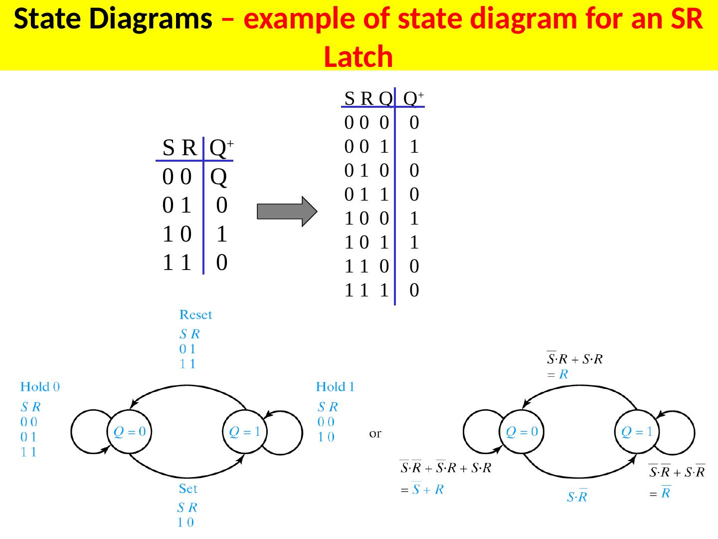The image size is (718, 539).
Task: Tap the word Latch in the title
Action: [x=358, y=56]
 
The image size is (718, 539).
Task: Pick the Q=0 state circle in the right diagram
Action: [x=522, y=432]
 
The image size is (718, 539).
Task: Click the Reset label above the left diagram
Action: [x=195, y=315]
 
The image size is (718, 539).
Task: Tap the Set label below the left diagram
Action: [x=188, y=489]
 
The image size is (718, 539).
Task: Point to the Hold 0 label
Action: [x=40, y=387]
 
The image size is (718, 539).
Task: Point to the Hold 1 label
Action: [x=335, y=387]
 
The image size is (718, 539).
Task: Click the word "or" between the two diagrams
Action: [x=375, y=434]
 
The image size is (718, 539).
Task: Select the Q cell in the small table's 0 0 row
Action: [x=219, y=177]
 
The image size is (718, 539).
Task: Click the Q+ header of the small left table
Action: [x=221, y=148]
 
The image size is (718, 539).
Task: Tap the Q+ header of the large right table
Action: [x=413, y=99]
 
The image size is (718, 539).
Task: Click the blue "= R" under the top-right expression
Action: [x=557, y=374]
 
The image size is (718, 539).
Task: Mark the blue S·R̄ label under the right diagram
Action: [x=577, y=497]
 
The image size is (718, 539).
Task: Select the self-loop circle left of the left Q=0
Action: [x=90, y=432]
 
